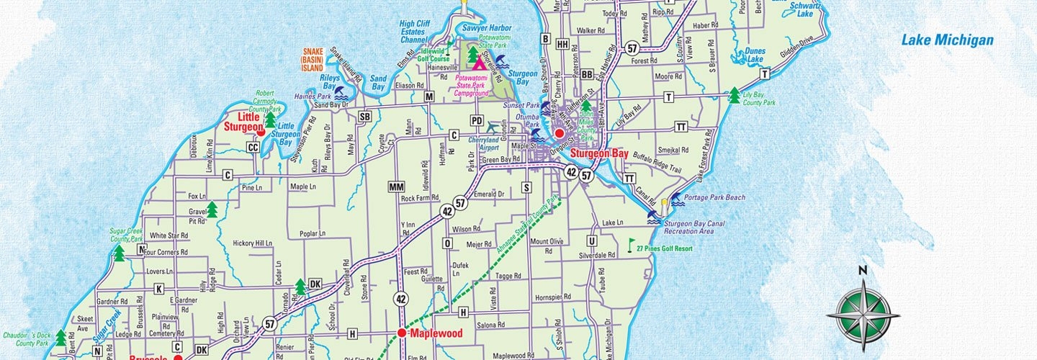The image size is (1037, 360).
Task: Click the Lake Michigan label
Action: [x=947, y=40]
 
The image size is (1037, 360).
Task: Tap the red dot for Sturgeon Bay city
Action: [x=559, y=133]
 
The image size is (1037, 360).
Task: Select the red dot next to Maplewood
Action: [x=402, y=333]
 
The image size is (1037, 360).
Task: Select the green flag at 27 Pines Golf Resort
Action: [x=632, y=245]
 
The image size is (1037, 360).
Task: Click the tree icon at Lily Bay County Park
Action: [x=734, y=95]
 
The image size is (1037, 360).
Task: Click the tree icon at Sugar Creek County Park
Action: [x=119, y=253]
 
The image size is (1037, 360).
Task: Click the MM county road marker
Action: [x=396, y=187]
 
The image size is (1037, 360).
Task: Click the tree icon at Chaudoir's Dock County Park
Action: [x=61, y=337]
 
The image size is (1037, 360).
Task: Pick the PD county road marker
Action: [x=477, y=120]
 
